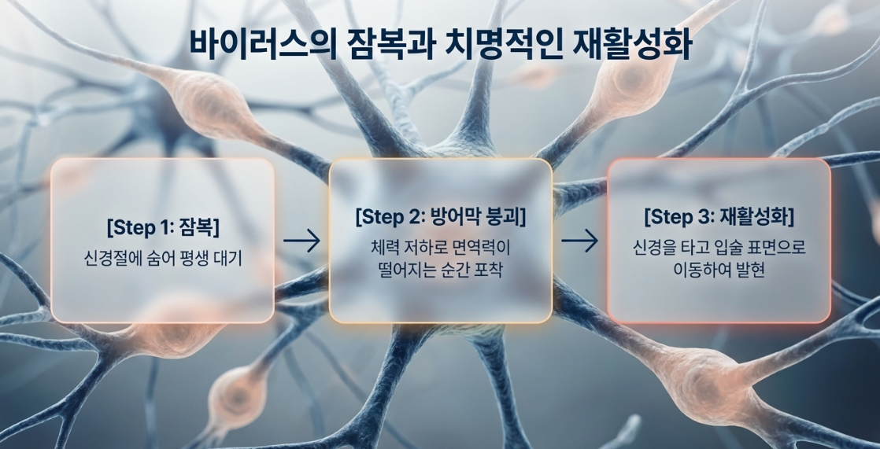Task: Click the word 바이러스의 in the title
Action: pyautogui.click(x=263, y=46)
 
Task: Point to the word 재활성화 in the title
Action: pyautogui.click(x=630, y=46)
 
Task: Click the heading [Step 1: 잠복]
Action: pyautogui.click(x=163, y=227)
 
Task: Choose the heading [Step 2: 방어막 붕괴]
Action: pyautogui.click(x=441, y=216)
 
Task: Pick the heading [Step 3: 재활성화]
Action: pyautogui.click(x=719, y=217)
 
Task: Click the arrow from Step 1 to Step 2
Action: pyautogui.click(x=301, y=241)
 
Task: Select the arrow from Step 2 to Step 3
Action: pyautogui.click(x=580, y=241)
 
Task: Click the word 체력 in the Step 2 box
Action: pyautogui.click(x=384, y=247)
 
